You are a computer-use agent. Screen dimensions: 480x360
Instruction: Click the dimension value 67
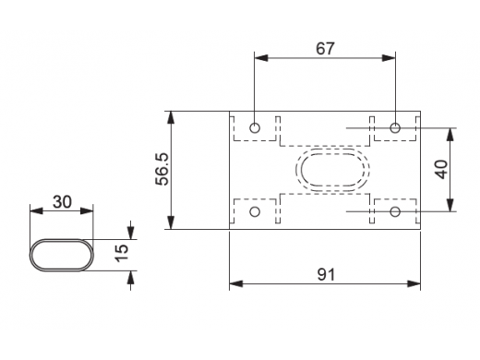click(x=325, y=49)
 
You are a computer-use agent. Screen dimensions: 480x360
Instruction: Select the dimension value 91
click(x=326, y=274)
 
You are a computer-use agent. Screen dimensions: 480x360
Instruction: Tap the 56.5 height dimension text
click(x=162, y=169)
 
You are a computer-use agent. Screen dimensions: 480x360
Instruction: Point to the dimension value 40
click(x=442, y=169)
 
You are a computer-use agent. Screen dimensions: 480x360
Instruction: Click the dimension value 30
click(x=62, y=202)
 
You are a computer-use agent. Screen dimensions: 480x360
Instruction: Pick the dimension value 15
click(x=122, y=253)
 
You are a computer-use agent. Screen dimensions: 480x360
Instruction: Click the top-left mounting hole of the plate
click(x=255, y=127)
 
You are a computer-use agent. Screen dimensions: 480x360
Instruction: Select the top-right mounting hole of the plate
click(x=395, y=127)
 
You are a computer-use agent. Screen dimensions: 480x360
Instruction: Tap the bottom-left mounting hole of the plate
click(x=255, y=211)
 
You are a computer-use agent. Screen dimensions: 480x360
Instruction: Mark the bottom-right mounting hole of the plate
click(x=395, y=211)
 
